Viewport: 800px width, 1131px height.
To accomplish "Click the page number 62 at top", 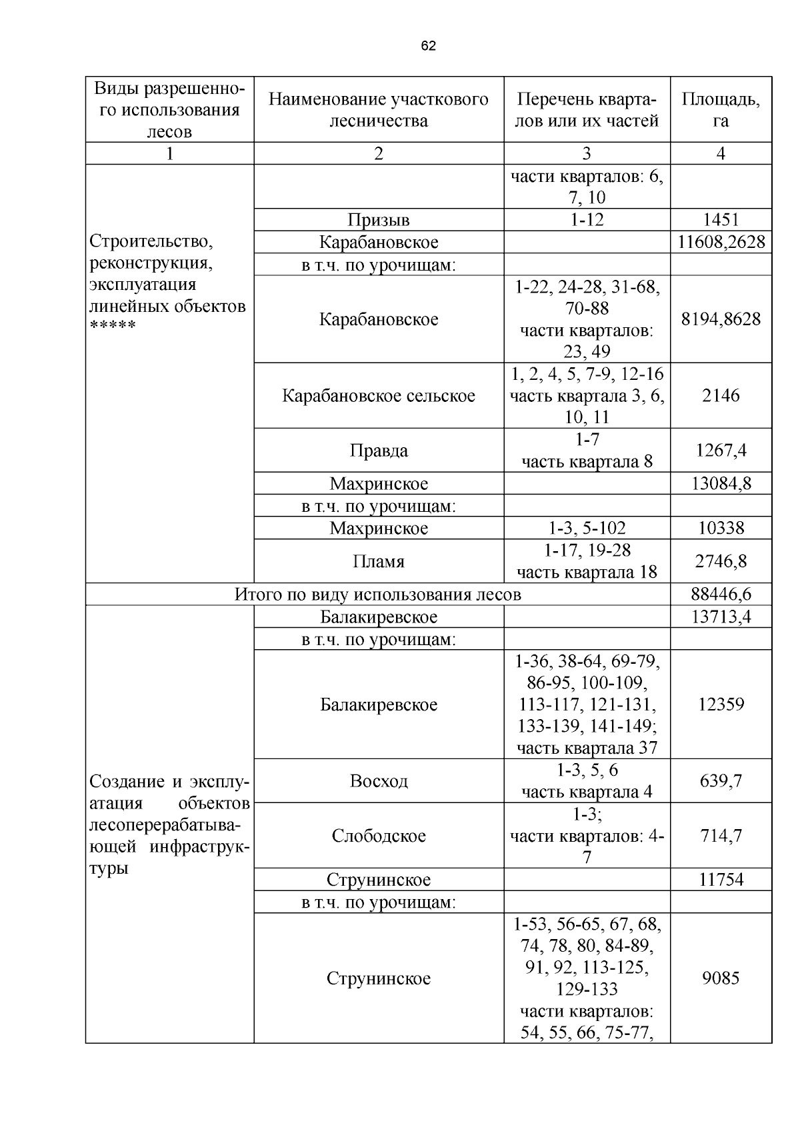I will coord(428,46).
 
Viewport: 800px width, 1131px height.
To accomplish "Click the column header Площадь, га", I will coord(721,110).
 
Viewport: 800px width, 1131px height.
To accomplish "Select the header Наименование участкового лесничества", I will coord(378,110).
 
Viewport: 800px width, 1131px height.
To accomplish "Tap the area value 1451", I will coord(721,219).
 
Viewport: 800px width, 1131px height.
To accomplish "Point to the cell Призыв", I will coord(378,220).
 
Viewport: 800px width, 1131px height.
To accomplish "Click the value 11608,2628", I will coord(721,242).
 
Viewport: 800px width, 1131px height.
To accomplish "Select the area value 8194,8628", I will coord(721,319).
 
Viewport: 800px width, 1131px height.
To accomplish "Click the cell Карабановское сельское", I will coord(378,396).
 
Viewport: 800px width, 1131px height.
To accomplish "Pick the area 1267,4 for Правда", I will coord(721,451).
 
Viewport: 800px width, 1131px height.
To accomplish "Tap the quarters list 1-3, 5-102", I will coord(587,529).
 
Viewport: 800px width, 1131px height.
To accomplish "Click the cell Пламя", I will coord(378,562).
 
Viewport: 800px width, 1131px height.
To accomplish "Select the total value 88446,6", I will coord(721,594).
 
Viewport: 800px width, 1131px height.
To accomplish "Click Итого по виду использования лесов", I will coord(377,594).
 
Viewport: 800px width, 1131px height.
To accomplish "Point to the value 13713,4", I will coord(721,616).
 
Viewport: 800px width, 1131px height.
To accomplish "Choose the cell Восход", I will coord(378,780).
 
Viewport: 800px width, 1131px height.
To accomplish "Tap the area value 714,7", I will coord(721,835).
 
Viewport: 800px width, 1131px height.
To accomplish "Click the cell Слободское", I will coord(378,836).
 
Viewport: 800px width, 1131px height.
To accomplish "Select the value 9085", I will coord(721,978).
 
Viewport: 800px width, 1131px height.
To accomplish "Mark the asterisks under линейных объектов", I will coord(113,327).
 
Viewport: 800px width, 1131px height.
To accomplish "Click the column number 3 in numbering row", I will coord(587,154).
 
